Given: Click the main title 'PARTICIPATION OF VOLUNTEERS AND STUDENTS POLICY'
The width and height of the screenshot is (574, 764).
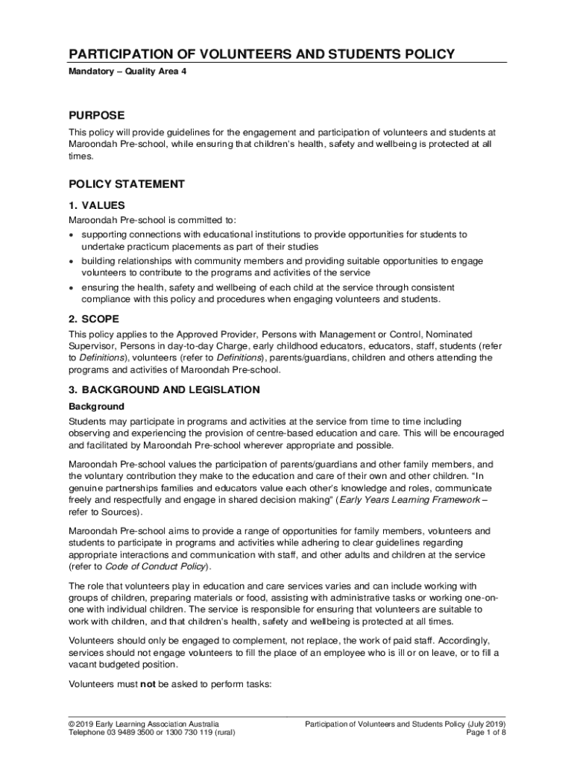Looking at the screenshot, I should coord(262,54).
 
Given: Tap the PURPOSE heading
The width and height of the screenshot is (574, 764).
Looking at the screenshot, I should coord(97,116).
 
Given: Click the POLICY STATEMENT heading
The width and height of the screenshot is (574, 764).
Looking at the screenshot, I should coord(127,184).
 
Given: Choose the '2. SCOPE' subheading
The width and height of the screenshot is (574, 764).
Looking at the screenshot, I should coord(94,319).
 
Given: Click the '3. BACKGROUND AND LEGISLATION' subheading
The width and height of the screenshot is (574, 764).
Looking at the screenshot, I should coord(164,389).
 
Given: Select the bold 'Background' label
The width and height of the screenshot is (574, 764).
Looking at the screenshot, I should coord(96,407).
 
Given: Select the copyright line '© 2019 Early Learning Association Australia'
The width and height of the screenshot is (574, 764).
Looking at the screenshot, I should coord(144,724).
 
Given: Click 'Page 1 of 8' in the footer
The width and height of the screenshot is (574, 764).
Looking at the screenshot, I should coord(486,733).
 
